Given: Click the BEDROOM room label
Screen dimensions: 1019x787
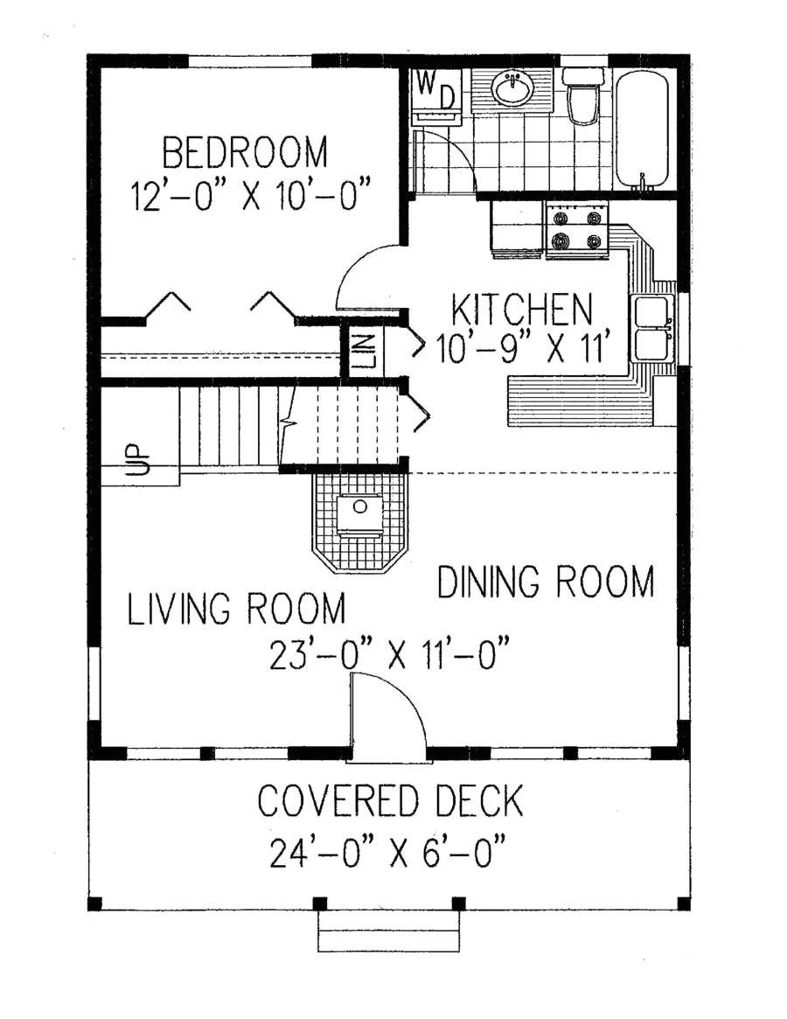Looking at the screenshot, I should [x=245, y=152].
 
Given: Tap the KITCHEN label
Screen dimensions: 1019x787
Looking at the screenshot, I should [x=522, y=310].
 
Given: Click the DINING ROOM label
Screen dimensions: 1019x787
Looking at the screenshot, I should [x=546, y=582].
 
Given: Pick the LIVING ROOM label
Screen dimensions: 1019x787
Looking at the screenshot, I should [x=236, y=609].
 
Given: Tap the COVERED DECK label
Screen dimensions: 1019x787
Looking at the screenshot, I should [x=390, y=800].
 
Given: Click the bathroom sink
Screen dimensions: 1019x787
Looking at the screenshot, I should [x=512, y=88].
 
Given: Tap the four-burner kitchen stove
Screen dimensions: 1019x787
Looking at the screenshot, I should [x=576, y=229].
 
